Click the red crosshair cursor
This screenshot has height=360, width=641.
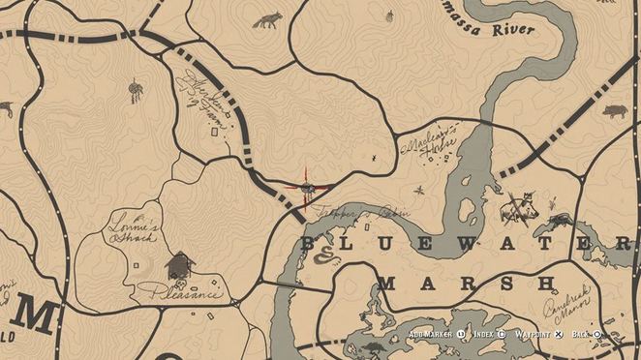point(309,188)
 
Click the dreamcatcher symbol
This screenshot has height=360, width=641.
point(136,91)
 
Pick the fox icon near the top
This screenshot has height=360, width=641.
point(265,19)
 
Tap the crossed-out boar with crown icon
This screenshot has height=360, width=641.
point(521,206)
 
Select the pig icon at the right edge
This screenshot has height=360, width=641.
point(615,111)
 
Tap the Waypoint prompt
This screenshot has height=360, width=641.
point(534,334)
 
